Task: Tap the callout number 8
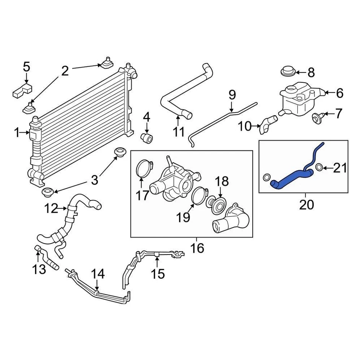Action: click(311, 72)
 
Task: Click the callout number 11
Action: click(179, 132)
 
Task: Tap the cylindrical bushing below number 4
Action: click(147, 138)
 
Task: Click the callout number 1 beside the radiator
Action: click(17, 132)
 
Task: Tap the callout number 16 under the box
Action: click(197, 248)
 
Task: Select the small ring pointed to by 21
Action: click(319, 167)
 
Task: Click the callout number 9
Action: click(232, 94)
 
